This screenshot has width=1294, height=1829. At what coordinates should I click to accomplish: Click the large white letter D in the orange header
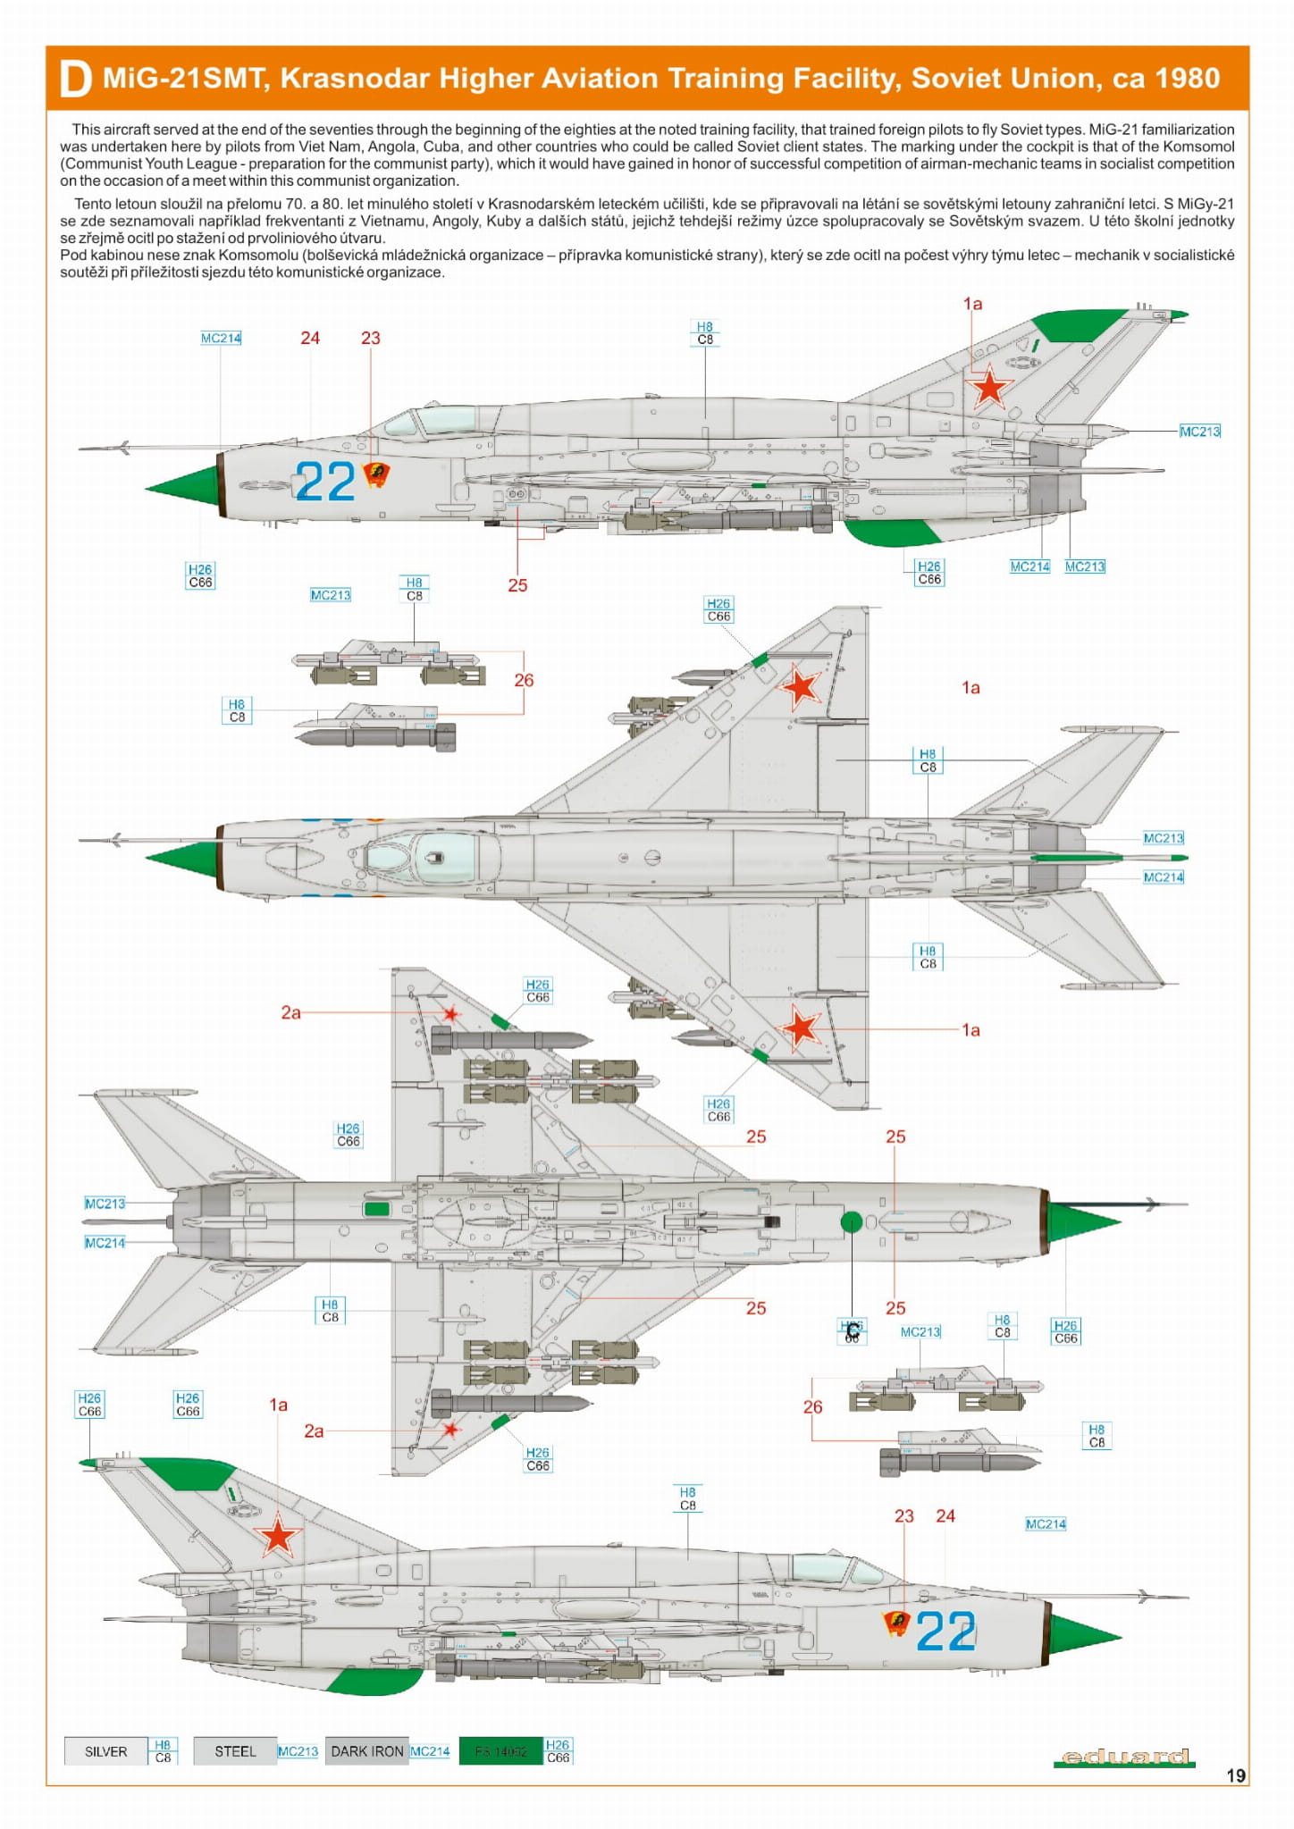tap(75, 80)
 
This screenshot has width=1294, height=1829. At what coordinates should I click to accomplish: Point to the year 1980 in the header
tap(1187, 79)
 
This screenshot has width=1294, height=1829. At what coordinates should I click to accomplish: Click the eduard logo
tap(1125, 1758)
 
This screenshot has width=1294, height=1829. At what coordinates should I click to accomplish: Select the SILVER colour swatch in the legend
tap(105, 1751)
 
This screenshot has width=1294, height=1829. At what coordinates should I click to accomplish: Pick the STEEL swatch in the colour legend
tap(235, 1751)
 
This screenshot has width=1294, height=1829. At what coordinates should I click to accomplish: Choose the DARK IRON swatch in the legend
tap(366, 1751)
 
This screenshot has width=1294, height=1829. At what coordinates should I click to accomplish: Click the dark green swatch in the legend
tap(501, 1751)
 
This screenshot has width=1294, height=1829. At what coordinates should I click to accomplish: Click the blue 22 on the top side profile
tap(324, 482)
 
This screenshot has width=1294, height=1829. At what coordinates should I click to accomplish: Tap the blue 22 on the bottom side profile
tap(945, 1632)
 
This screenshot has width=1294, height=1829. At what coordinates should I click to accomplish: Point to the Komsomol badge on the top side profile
tap(375, 474)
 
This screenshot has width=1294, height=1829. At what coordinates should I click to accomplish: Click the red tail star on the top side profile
tap(989, 388)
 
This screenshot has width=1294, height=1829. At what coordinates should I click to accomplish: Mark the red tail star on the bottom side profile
tap(278, 1536)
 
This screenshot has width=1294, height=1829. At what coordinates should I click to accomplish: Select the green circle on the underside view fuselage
tap(852, 1221)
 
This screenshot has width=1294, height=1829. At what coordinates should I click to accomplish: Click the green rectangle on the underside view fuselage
tap(376, 1209)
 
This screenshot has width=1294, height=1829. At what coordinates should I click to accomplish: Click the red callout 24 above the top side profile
tap(310, 338)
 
